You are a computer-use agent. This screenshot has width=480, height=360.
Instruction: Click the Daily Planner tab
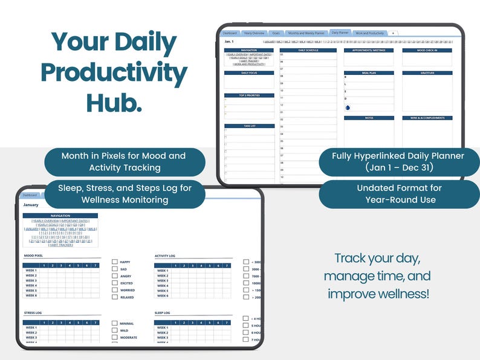point(340,33)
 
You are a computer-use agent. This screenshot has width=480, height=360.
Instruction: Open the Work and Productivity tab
point(369,33)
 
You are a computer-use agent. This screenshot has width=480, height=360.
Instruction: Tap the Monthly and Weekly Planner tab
point(306,33)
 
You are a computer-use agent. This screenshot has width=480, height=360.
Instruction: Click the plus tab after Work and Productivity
point(393,33)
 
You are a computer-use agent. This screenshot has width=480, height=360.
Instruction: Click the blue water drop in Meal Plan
point(348,108)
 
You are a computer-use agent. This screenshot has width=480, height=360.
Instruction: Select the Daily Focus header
point(249,72)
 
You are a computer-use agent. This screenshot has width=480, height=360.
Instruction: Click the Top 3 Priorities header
point(249,95)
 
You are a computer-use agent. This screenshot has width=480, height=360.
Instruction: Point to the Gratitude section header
point(427,72)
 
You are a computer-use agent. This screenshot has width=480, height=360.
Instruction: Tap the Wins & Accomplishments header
point(427,118)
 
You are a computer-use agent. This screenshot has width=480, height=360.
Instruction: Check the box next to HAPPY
point(115,262)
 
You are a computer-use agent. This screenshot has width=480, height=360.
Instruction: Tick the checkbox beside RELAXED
point(115,297)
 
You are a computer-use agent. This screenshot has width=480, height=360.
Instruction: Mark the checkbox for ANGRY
point(115,276)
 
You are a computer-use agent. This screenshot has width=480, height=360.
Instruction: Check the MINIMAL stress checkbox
point(115,323)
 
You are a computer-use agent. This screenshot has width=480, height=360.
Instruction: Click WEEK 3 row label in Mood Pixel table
point(31,280)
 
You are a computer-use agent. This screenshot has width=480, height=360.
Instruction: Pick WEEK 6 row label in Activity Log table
point(163,296)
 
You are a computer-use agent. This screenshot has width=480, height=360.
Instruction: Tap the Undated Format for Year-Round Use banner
point(400,194)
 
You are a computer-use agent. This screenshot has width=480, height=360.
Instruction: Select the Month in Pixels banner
point(123,161)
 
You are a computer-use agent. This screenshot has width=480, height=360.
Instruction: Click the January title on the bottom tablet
point(31,205)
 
